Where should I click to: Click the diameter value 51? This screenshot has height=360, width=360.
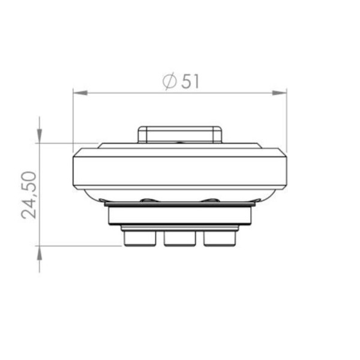tap(190, 81)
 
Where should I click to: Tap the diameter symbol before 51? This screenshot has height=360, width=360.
tap(170, 81)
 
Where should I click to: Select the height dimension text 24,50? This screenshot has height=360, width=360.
tap(29, 195)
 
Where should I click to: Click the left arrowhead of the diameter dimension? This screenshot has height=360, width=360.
tap(80, 93)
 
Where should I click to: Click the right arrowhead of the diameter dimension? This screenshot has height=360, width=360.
tap(280, 93)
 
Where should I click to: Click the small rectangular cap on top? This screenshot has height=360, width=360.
tap(180, 134)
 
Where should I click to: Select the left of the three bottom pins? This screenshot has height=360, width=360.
tap(140, 238)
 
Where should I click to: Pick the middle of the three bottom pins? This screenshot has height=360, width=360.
tap(180, 239)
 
